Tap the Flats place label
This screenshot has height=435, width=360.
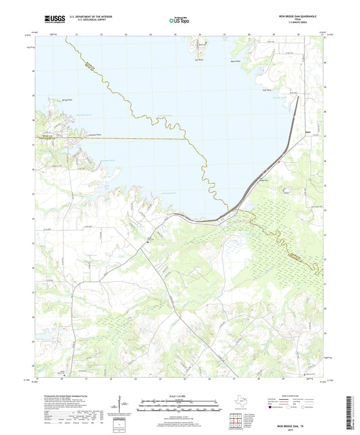click(288, 132)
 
